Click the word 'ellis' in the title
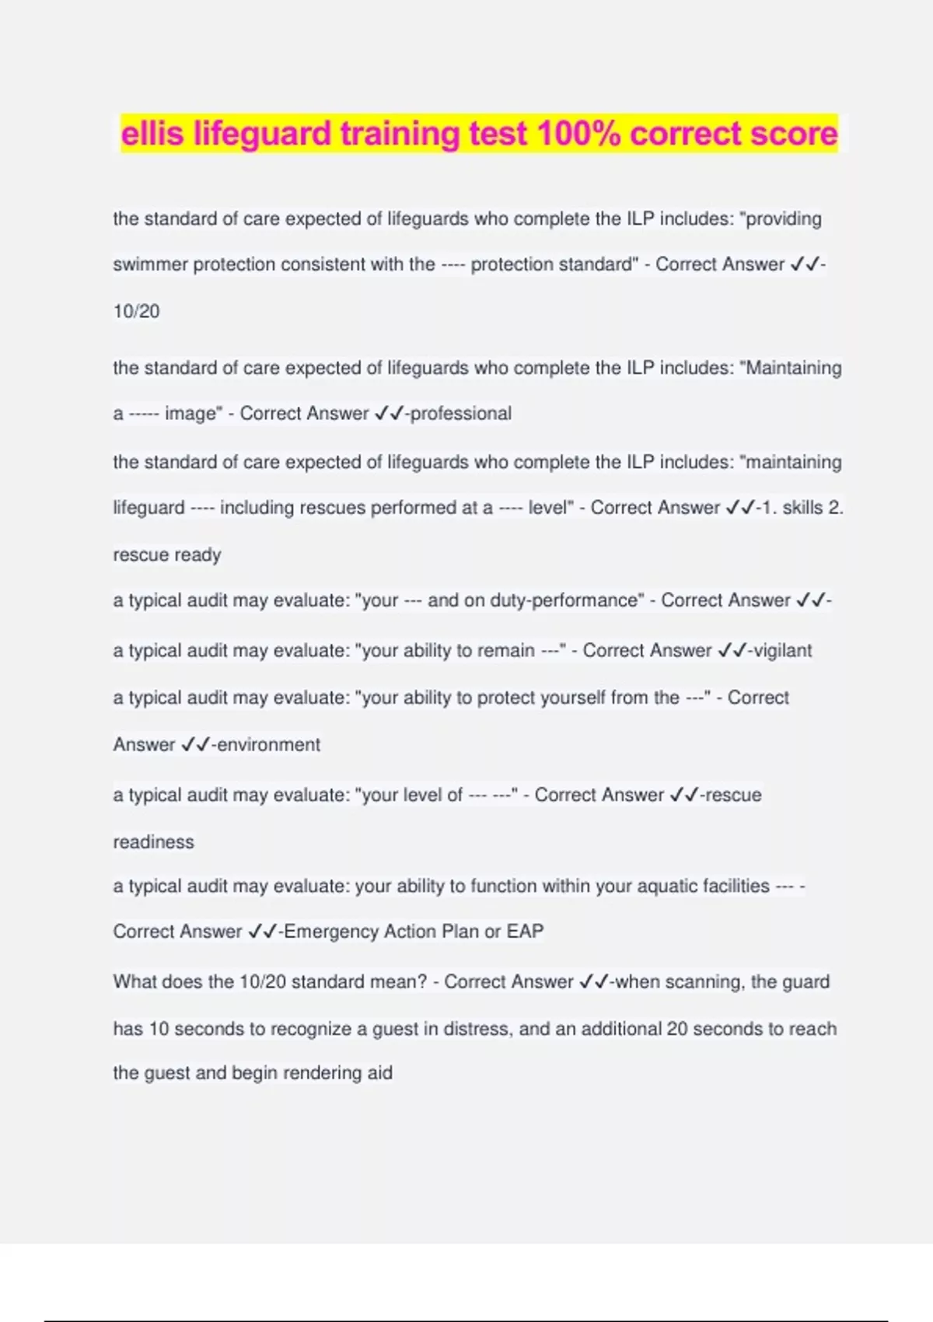(x=152, y=134)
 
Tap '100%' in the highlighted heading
(x=578, y=134)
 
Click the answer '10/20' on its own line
(x=136, y=311)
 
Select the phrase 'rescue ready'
(x=167, y=554)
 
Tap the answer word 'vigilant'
(x=782, y=650)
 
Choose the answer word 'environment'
(x=268, y=744)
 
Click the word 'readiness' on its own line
(x=153, y=841)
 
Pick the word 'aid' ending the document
(x=379, y=1072)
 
